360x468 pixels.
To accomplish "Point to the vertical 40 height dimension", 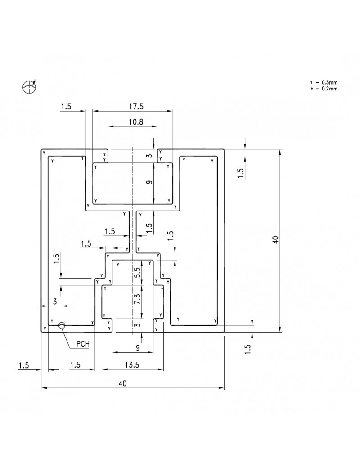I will [x=276, y=240].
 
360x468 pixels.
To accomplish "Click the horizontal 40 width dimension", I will [x=122, y=383].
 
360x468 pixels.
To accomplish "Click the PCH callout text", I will [x=83, y=344].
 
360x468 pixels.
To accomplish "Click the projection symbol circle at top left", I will [x=29, y=87].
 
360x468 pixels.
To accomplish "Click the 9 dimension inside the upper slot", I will [x=149, y=182].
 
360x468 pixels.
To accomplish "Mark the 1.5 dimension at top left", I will [x=66, y=107].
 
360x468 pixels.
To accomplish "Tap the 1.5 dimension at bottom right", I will [x=247, y=349].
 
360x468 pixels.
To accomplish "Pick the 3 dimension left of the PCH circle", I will [x=55, y=301].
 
